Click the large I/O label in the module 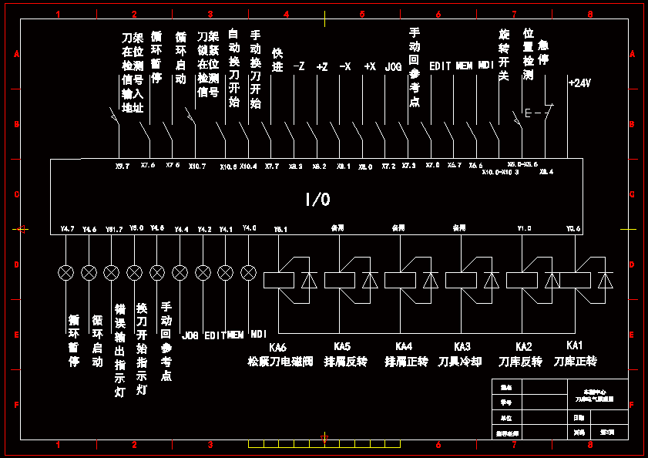click(x=317, y=200)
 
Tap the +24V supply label click(x=579, y=83)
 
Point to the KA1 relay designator click(x=575, y=345)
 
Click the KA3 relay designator click(x=462, y=347)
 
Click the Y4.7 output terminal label click(x=67, y=228)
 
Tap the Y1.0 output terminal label click(x=524, y=228)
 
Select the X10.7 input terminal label click(x=197, y=165)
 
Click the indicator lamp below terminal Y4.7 click(x=66, y=273)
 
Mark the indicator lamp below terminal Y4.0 click(x=248, y=273)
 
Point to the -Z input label click(x=299, y=67)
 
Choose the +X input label click(x=370, y=67)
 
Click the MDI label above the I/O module click(x=485, y=66)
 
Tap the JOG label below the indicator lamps click(x=190, y=336)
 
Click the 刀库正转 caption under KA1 click(x=575, y=361)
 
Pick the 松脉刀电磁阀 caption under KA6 click(x=280, y=361)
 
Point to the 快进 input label click(x=278, y=60)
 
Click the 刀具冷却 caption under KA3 click(x=460, y=361)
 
